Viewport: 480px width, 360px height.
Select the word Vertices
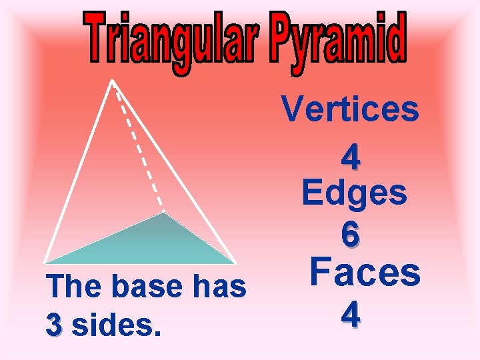click(x=350, y=110)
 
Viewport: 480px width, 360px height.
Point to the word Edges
click(x=354, y=194)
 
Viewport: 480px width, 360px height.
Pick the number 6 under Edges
click(x=351, y=234)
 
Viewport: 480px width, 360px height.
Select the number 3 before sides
click(x=55, y=326)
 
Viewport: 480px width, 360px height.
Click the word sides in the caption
click(x=116, y=326)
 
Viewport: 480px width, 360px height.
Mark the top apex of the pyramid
click(x=112, y=81)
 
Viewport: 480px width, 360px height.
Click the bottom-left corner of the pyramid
click(x=45, y=262)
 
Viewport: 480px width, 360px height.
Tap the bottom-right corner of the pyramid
click(x=235, y=262)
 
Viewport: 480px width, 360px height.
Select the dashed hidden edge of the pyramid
click(x=139, y=151)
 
